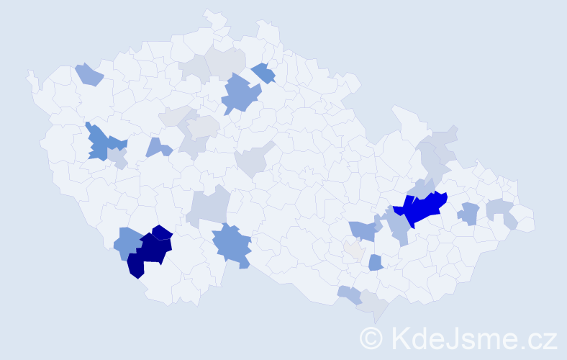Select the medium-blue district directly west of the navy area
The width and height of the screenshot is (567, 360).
pos(127,243)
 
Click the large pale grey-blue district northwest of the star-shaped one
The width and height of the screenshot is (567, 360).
pos(209,207)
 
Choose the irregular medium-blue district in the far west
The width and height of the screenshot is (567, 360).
pos(103,143)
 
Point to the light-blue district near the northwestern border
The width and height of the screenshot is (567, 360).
pos(89,74)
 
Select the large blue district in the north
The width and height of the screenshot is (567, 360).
pos(240,94)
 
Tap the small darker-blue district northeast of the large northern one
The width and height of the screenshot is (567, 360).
pos(264,73)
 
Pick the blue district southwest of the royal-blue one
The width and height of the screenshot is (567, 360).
pos(363,230)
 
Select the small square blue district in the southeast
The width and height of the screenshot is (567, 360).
pos(375,263)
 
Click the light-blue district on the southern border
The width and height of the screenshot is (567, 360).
pos(350,294)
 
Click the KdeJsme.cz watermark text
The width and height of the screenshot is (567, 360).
pos(473,338)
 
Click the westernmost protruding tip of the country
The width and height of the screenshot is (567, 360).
pos(29,73)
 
